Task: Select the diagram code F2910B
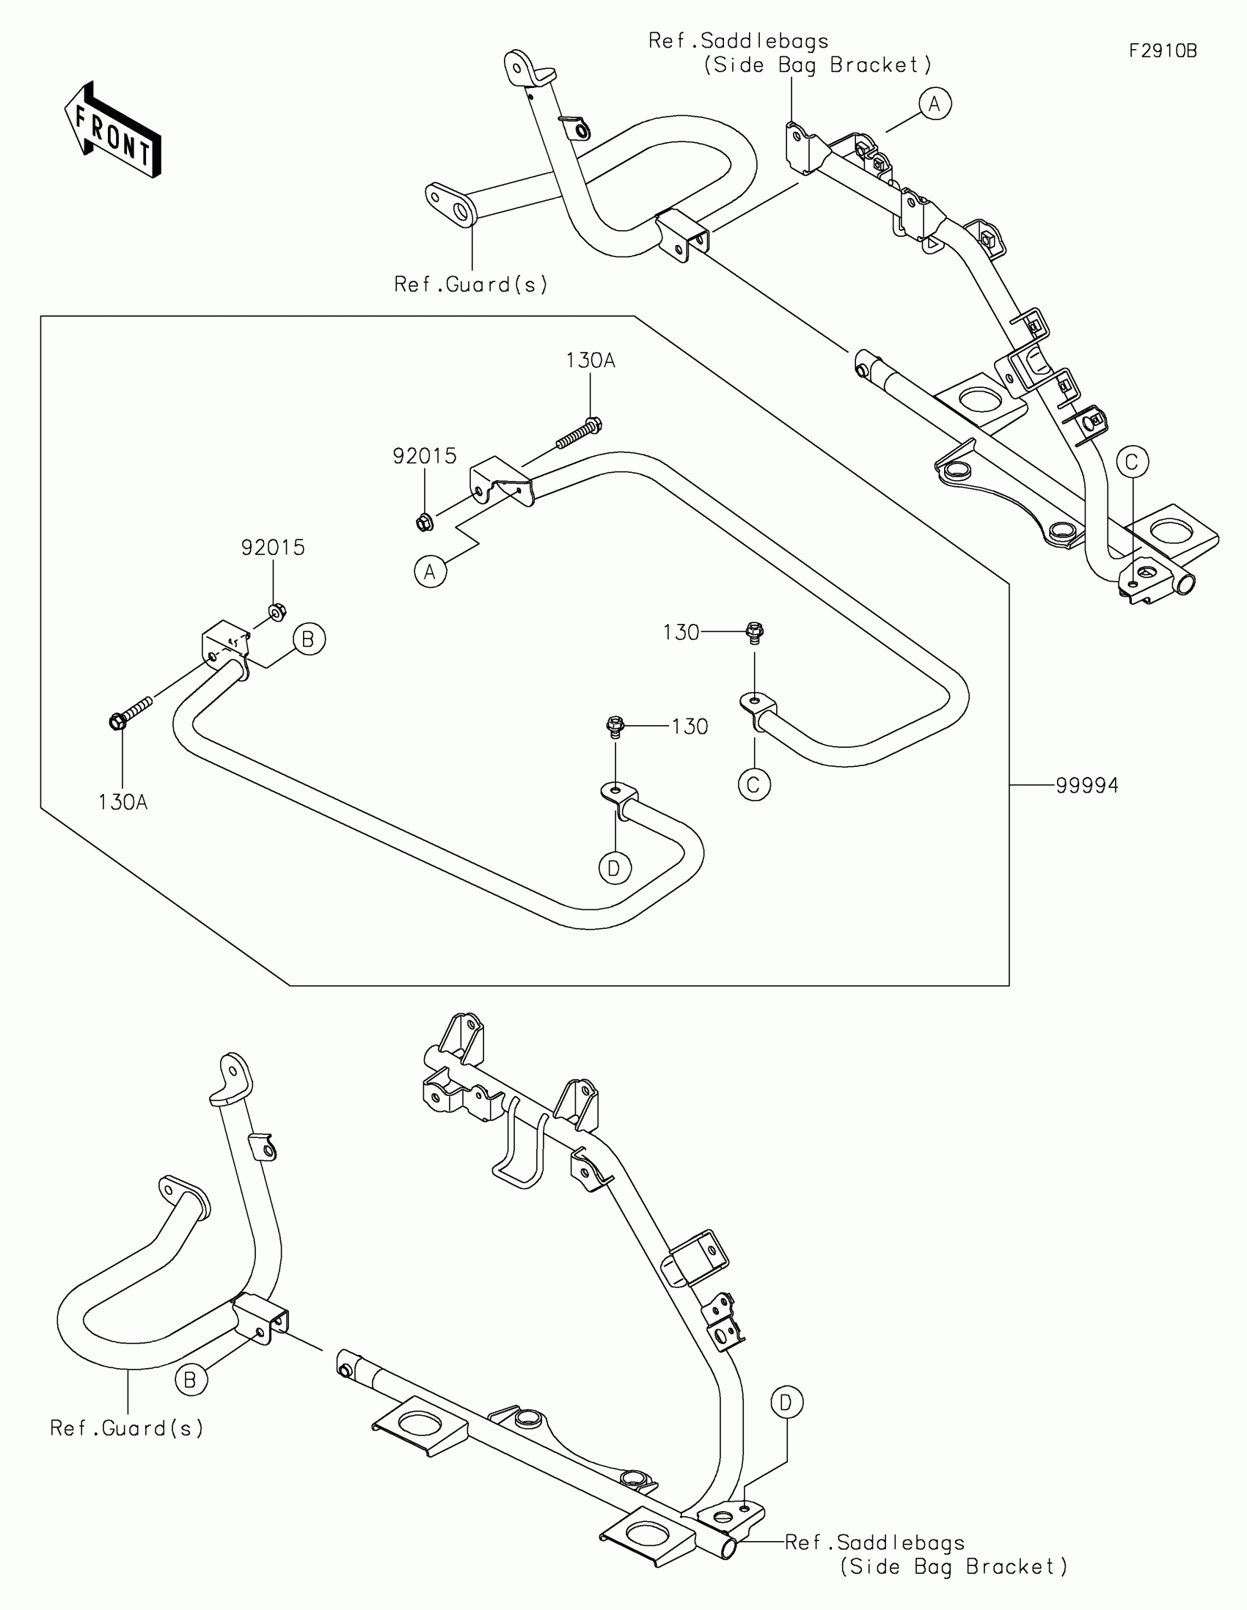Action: point(1163,51)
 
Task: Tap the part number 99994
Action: point(1087,786)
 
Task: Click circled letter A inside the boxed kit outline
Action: point(431,571)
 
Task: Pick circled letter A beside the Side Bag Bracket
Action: point(935,104)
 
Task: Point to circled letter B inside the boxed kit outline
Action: point(309,639)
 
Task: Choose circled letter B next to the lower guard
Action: point(190,1380)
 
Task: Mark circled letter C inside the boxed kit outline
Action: point(753,784)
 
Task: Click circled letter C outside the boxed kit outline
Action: point(1132,462)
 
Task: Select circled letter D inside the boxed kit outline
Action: point(614,868)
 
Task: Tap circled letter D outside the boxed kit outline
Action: point(786,1401)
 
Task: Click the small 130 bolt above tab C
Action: point(754,632)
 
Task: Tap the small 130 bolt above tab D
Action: point(615,726)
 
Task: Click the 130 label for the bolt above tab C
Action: point(681,633)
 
